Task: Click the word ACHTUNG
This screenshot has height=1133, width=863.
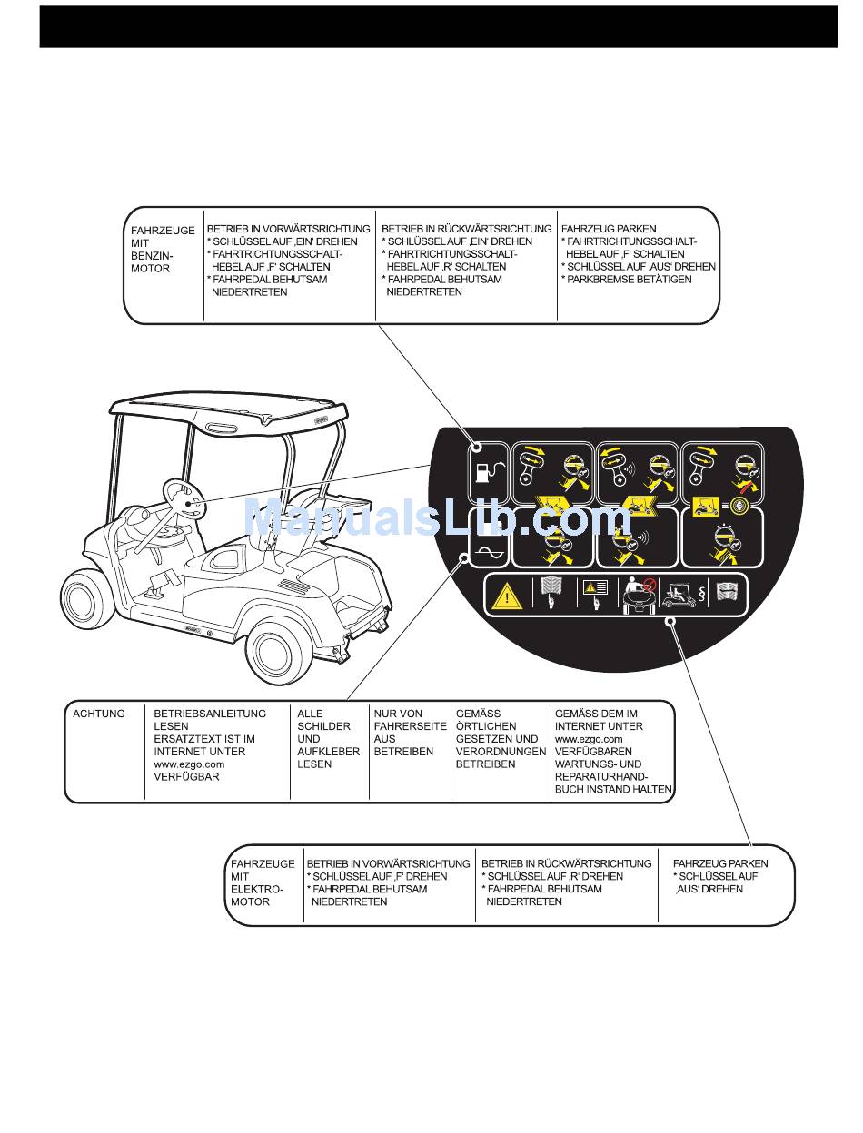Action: [98, 714]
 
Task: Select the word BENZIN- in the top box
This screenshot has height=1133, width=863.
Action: [152, 256]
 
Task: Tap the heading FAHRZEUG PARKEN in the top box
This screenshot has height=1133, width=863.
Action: [609, 229]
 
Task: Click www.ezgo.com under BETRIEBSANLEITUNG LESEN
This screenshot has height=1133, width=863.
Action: [189, 764]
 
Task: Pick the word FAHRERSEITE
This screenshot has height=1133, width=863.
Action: [411, 726]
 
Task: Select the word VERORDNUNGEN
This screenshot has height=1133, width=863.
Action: [501, 752]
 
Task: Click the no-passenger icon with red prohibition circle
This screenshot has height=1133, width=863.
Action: [643, 595]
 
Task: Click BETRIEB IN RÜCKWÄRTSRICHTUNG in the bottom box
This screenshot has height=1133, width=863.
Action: [566, 863]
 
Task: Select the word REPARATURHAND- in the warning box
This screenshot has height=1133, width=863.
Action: [600, 777]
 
